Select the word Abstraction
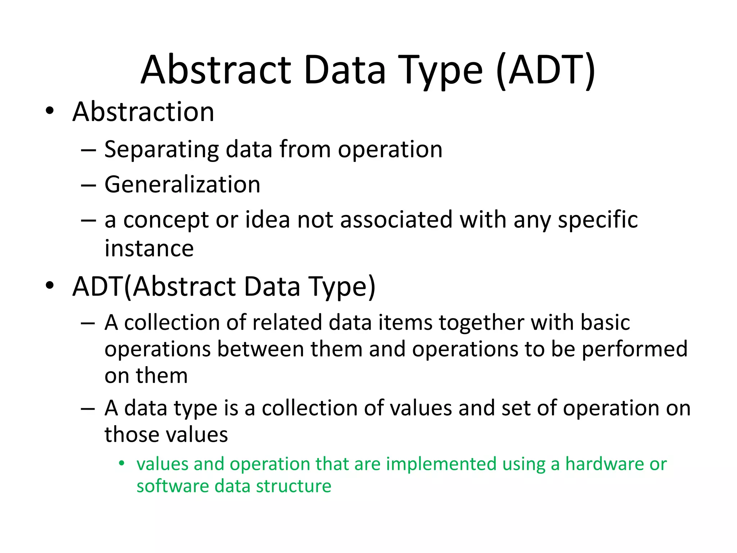point(143,112)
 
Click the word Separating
point(161,149)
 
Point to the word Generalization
point(182,185)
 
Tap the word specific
point(597,220)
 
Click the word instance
point(149,248)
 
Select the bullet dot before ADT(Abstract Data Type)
point(50,286)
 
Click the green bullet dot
point(122,463)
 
